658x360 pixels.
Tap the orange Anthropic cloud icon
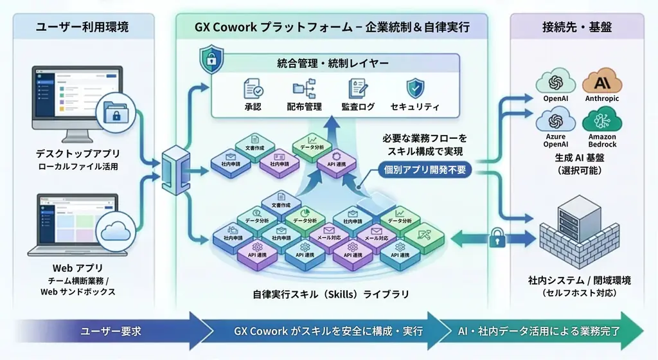point(601,82)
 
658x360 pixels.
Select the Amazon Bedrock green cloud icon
point(601,120)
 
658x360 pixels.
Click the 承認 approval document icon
point(253,89)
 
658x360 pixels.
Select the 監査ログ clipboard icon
point(357,89)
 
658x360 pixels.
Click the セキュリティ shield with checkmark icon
point(414,89)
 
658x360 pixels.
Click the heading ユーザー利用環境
point(82,27)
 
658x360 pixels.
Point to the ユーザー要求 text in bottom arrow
point(110,331)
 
